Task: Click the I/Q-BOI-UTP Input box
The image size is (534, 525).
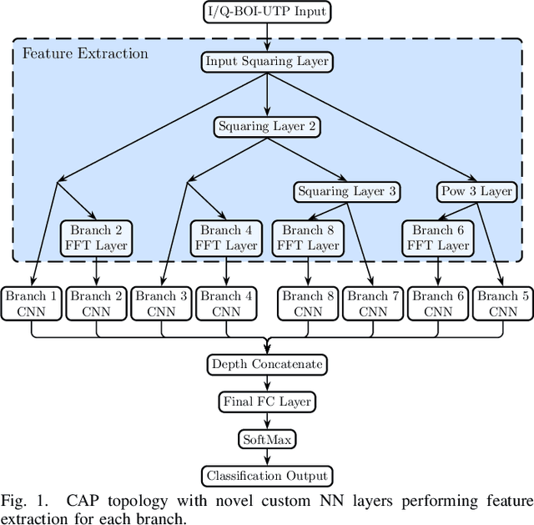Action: coord(267,12)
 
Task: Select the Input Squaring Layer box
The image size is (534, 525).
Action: coord(267,61)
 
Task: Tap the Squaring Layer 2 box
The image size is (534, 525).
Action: coord(267,127)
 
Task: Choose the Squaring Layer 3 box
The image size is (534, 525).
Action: coord(346,191)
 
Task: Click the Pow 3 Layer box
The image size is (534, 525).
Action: coord(475,191)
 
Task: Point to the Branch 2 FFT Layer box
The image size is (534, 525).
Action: coord(97,237)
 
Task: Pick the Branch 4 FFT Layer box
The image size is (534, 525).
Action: coord(225,237)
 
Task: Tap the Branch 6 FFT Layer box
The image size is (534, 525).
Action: coord(436,237)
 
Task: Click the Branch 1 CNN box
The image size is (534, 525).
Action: coord(32,304)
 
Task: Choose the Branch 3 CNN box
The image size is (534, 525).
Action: coord(160,304)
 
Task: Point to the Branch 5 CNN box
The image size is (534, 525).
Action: coord(502,304)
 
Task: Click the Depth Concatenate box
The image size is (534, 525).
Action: coord(267,364)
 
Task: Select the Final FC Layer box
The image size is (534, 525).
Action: coord(267,401)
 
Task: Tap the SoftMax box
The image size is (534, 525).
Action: coord(267,439)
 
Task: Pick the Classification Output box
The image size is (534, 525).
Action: coord(267,477)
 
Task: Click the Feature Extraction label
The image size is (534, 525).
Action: coord(85,53)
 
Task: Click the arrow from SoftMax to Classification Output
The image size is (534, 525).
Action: coord(267,457)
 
